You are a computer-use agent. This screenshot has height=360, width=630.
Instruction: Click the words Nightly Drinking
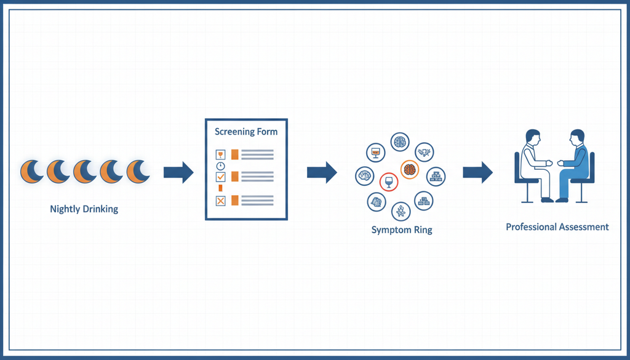tap(84, 209)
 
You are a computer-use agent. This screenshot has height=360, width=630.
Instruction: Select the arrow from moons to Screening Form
tap(178, 172)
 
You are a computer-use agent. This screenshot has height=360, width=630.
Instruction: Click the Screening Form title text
tap(246, 132)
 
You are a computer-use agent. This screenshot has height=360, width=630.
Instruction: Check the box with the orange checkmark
tap(221, 176)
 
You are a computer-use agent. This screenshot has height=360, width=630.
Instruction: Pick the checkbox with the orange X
tap(221, 201)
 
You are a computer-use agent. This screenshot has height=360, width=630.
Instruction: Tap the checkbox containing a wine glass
tap(221, 154)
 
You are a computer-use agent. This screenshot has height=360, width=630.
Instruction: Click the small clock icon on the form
tap(221, 166)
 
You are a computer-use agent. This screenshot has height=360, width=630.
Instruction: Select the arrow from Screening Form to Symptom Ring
tap(322, 172)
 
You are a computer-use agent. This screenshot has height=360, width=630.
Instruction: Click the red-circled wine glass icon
tap(389, 182)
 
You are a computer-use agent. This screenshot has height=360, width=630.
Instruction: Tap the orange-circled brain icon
tap(410, 169)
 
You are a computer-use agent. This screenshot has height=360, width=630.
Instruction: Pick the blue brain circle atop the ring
tap(400, 142)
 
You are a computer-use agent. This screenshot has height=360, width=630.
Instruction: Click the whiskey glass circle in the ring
tap(376, 153)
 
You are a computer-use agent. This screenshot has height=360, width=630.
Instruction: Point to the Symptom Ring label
tap(402, 230)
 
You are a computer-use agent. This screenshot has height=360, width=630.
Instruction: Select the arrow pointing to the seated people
tap(477, 172)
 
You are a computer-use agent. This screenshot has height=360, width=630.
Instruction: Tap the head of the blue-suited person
tap(576, 137)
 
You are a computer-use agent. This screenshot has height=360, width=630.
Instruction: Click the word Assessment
tap(583, 227)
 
